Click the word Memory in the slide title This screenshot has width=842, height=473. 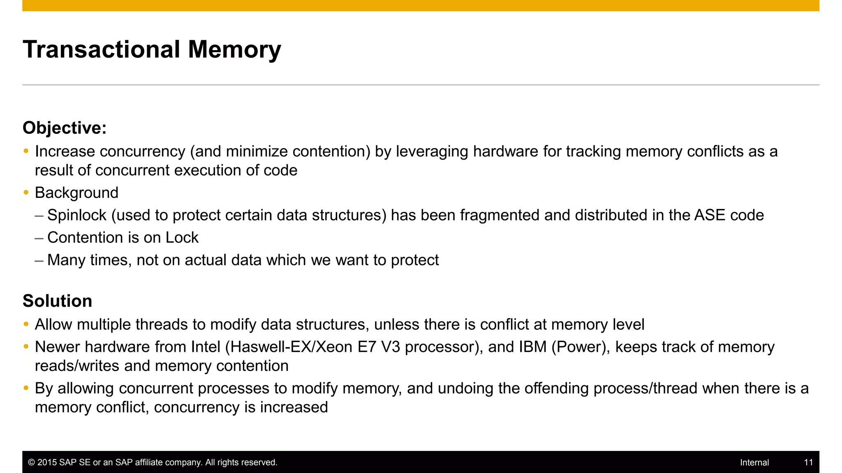tap(234, 50)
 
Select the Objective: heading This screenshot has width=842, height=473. tap(65, 128)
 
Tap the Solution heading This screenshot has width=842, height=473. tap(57, 301)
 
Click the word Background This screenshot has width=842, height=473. tap(76, 193)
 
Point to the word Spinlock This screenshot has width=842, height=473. tap(77, 215)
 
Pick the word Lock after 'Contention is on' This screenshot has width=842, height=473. tap(182, 237)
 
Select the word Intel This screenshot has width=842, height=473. tap(206, 347)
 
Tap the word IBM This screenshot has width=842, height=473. tap(532, 347)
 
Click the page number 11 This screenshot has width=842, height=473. tap(808, 462)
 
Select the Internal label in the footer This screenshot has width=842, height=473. tap(754, 462)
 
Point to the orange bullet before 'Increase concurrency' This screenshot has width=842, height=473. tap(26, 151)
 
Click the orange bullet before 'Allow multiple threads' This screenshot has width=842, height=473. tap(26, 324)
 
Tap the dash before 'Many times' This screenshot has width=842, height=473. tap(39, 260)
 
